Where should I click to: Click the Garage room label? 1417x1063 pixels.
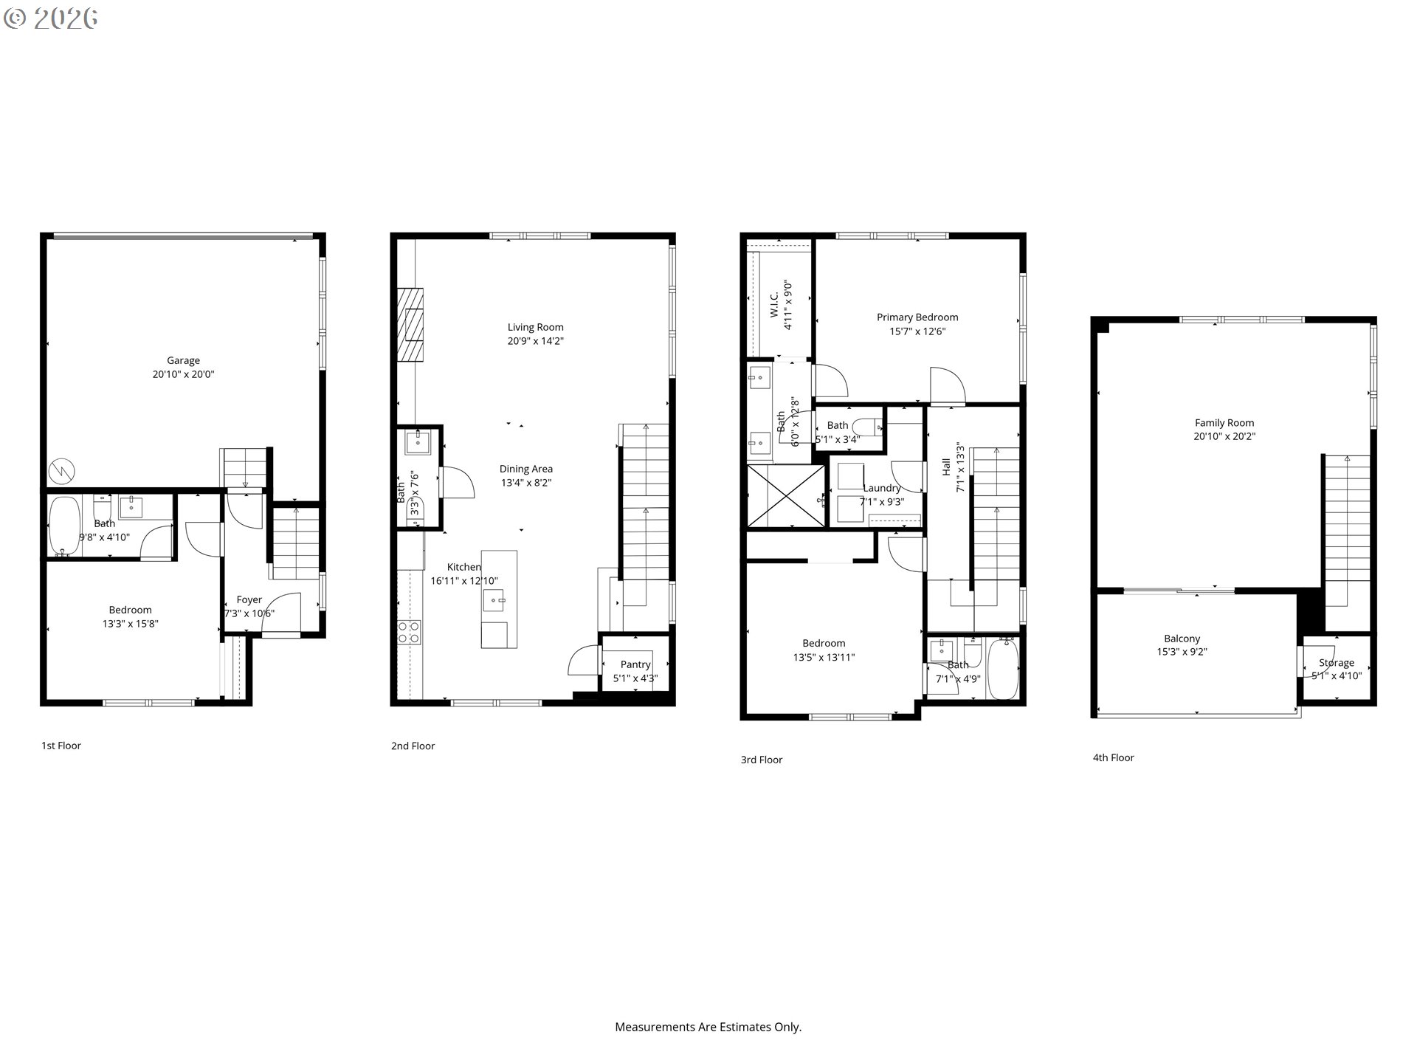183,360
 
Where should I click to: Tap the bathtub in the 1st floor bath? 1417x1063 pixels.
64,526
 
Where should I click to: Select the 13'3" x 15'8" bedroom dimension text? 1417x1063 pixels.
131,624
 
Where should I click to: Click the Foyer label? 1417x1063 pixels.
249,600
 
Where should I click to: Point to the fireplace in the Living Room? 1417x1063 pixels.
410,324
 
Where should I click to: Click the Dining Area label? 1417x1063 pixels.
526,469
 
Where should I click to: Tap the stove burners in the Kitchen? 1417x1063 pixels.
410,632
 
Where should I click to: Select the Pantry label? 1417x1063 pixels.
635,664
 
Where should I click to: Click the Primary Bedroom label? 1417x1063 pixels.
917,317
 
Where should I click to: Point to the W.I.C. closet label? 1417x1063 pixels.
774,305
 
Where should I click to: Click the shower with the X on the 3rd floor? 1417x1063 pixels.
787,495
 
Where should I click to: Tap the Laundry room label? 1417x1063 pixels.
882,488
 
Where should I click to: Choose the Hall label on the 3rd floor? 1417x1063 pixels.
946,467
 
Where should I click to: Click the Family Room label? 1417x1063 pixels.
1224,423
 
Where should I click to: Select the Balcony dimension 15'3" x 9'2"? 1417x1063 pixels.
1182,652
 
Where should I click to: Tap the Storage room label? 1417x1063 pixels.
1337,663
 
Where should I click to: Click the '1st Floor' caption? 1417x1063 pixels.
61,746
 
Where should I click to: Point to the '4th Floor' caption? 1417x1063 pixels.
1114,757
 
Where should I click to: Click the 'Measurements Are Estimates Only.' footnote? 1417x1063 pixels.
708,1027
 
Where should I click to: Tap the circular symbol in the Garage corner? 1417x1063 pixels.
62,471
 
